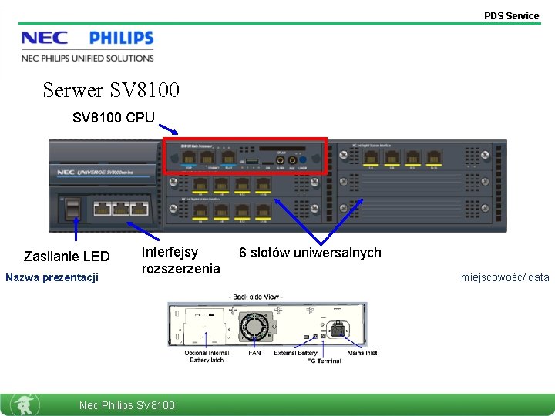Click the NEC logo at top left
coord(44,39)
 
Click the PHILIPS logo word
coord(121,39)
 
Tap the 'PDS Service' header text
coord(511,15)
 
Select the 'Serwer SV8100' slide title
coord(111,90)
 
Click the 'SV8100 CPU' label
coord(113,118)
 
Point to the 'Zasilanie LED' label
coord(66,256)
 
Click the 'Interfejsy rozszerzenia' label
coord(180,260)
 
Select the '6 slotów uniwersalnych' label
coord(310,253)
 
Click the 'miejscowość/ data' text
coord(505,277)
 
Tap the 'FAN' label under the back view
coord(254,354)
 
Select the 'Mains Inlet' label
coord(362,354)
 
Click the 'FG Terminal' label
coord(324,361)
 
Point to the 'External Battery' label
coord(295,354)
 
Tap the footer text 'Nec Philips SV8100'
coord(127,405)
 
